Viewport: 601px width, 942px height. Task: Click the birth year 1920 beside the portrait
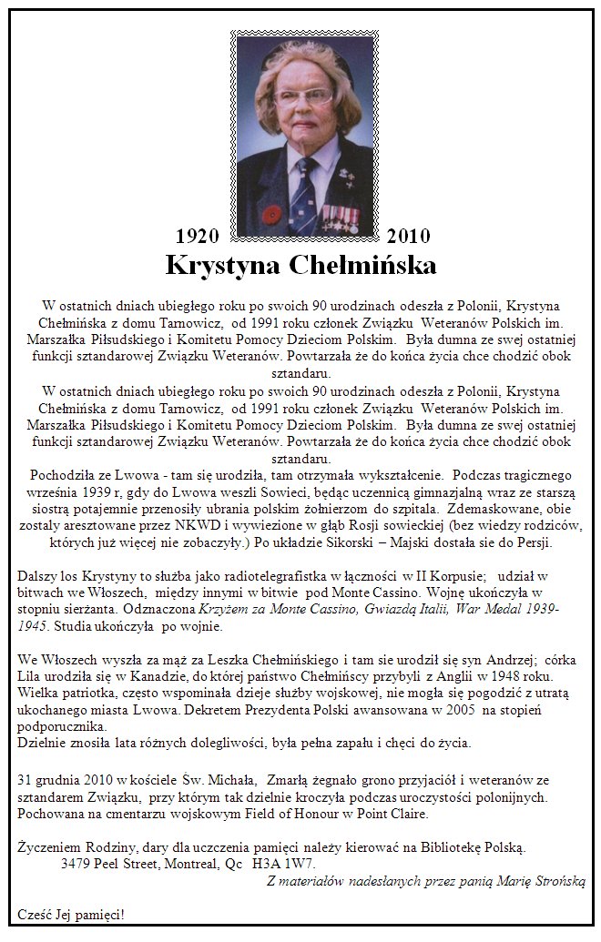click(x=198, y=237)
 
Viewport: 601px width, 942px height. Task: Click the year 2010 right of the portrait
click(x=408, y=237)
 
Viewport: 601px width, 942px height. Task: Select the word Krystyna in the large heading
click(x=223, y=265)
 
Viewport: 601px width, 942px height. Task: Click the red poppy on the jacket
click(x=271, y=215)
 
